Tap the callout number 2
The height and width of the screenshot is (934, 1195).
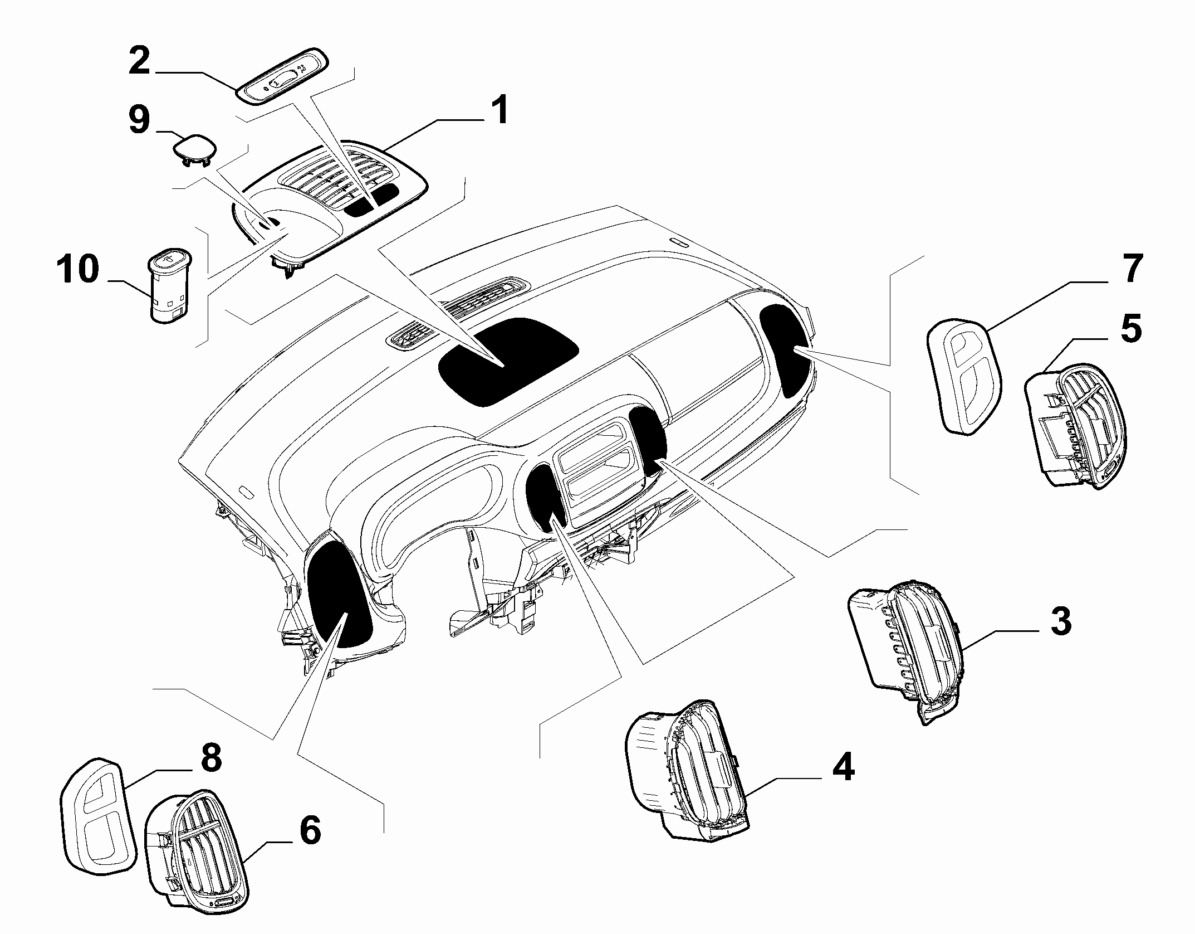[140, 61]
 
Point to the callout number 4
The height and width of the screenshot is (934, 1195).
[843, 766]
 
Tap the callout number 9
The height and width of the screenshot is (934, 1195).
[139, 121]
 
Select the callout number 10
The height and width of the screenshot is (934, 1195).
[78, 270]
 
